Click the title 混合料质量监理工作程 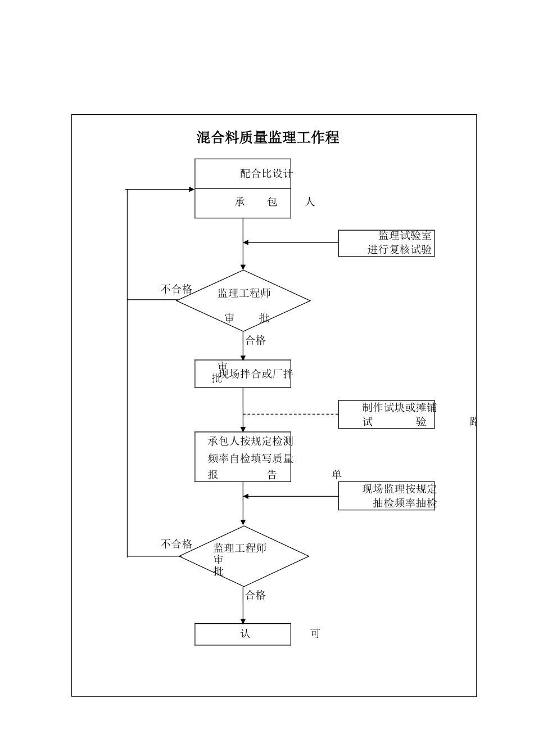tap(268, 138)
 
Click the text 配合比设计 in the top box tap(266, 174)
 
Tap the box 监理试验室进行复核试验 tap(386, 243)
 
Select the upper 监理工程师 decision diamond tap(243, 301)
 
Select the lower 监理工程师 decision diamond tap(243, 556)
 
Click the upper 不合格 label tap(177, 289)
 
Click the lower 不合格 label tap(177, 544)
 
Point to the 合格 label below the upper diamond tap(256, 340)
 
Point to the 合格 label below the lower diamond tap(256, 595)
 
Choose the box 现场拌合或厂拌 tap(243, 374)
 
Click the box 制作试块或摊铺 tap(386, 415)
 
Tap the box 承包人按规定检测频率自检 tap(243, 457)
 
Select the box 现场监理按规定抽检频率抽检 tap(386, 496)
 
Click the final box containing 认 tap(243, 634)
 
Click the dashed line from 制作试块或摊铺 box tap(291, 414)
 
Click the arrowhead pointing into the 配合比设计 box tap(191, 190)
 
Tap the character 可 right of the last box tap(315, 634)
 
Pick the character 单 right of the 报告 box tap(337, 475)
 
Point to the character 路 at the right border tap(473, 422)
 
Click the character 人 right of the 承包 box tap(310, 202)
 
